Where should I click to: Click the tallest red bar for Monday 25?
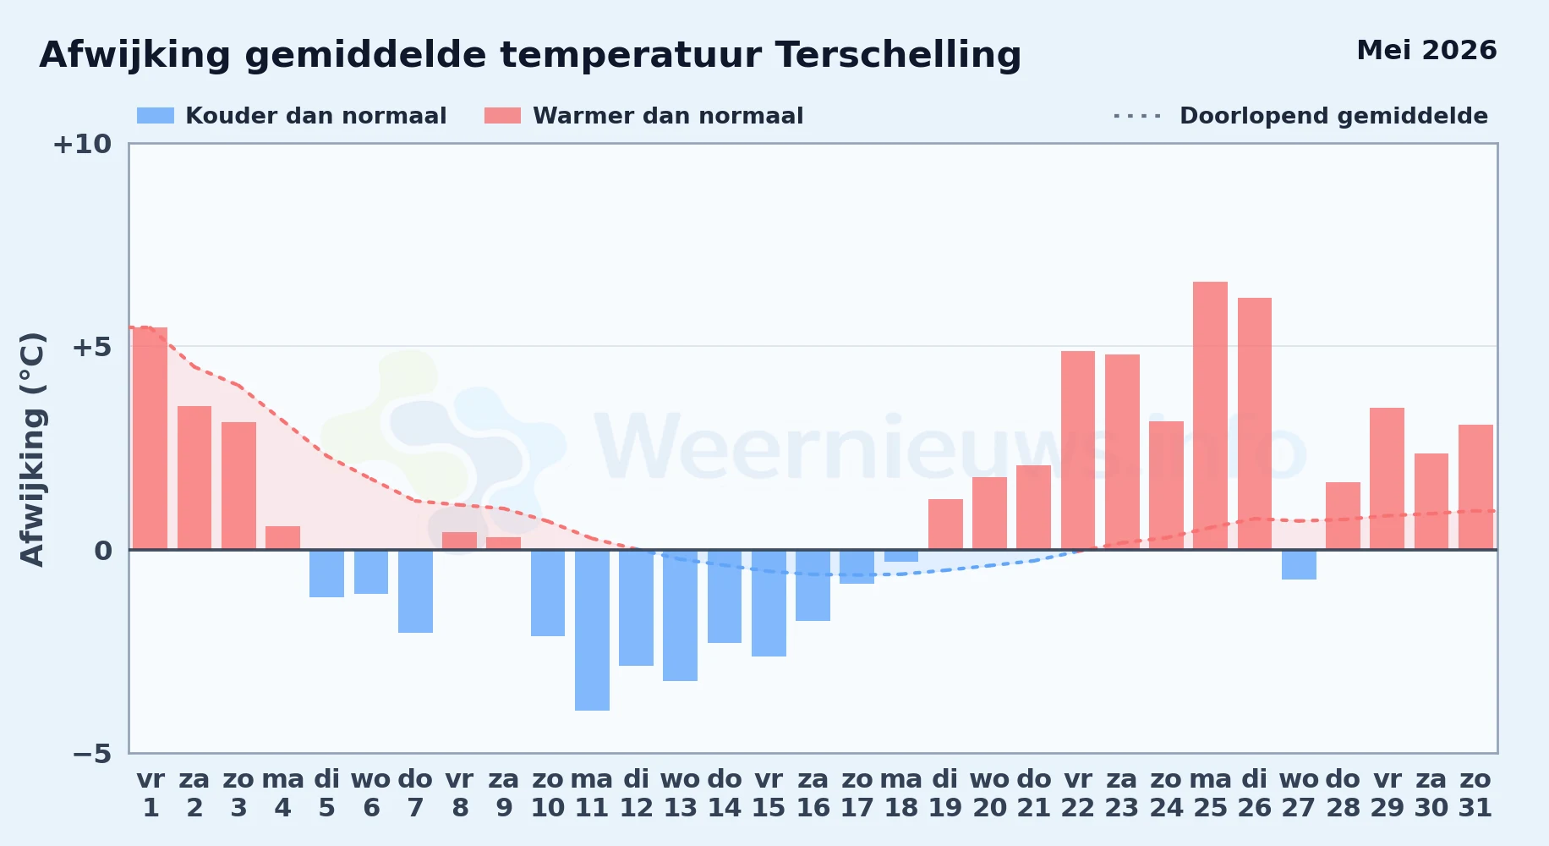pos(1210,415)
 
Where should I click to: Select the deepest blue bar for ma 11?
pos(592,630)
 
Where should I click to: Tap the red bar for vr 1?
pos(151,438)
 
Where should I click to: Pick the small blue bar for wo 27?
pos(1299,564)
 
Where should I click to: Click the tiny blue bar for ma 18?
pos(901,556)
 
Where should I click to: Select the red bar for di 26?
pos(1255,424)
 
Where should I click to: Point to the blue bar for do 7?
pos(415,591)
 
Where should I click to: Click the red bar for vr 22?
pos(1078,450)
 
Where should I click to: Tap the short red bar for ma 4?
pos(282,538)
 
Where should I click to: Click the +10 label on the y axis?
pos(82,145)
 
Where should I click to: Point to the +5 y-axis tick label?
pos(91,347)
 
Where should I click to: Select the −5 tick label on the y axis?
pos(92,754)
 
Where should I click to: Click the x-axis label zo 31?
pos(1475,794)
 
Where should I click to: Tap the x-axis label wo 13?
pos(680,794)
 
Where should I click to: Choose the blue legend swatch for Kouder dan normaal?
pos(156,116)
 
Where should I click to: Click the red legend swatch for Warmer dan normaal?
pos(503,116)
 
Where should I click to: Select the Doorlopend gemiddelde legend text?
pos(1333,116)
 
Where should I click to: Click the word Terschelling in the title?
pos(898,55)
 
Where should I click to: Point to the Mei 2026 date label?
pos(1426,51)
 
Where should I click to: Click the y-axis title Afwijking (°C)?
pos(32,449)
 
